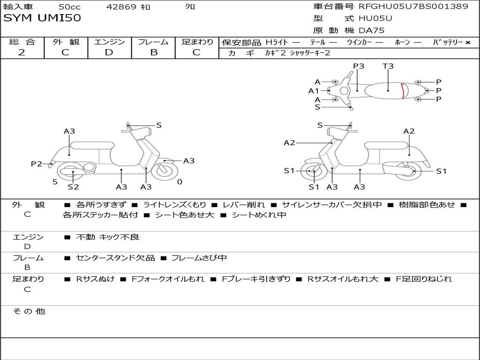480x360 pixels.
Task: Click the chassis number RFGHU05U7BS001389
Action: click(413, 7)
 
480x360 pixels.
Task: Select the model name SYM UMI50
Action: click(42, 18)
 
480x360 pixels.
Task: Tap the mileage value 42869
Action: click(121, 7)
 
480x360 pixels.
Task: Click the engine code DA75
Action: click(371, 30)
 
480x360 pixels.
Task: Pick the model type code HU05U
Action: click(375, 19)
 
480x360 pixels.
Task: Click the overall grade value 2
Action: click(22, 52)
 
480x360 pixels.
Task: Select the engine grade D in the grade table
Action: click(109, 52)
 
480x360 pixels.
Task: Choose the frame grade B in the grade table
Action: click(154, 52)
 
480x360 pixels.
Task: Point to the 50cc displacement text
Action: click(69, 7)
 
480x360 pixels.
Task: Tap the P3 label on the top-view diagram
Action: click(359, 66)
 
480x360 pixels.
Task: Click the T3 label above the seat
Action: click(388, 66)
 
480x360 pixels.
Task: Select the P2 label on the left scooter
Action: click(37, 164)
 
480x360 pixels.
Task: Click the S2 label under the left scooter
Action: click(73, 187)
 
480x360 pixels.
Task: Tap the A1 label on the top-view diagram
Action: click(314, 91)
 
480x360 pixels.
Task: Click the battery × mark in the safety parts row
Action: click(467, 42)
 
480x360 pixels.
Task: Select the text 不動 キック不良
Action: click(108, 237)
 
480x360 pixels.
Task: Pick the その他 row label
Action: click(29, 311)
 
